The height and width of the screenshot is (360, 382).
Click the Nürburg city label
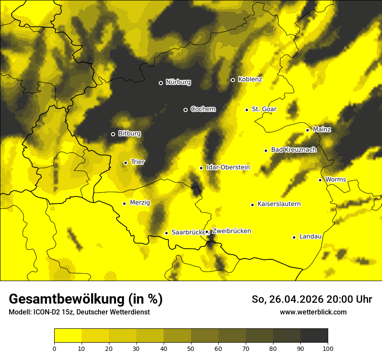pos(178,82)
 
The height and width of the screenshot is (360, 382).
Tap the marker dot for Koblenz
pos(233,80)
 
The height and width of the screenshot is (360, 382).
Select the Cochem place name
pos(203,109)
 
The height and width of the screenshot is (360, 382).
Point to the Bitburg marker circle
pos(113,134)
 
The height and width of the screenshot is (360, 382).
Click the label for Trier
pos(138,162)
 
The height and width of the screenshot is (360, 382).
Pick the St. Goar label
pos(264,109)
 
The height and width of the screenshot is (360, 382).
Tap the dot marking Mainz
pos(307,130)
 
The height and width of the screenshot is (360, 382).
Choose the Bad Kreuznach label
pos(293,150)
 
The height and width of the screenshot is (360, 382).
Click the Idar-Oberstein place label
pos(227,167)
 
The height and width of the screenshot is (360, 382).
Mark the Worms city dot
pos(320,180)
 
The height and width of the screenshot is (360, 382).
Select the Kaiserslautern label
pos(279,204)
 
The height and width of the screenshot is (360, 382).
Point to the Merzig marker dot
pos(124,203)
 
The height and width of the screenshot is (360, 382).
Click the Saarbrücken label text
pos(188,232)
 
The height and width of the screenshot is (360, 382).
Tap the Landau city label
pos(310,237)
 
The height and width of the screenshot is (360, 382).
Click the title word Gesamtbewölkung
pos(66,299)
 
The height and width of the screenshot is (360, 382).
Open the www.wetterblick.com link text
pos(313,312)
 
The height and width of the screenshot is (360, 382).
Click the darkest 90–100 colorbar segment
pos(314,335)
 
